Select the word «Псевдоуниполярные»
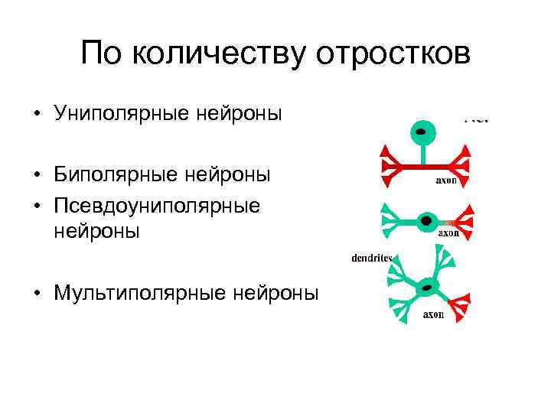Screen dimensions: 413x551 [158, 206]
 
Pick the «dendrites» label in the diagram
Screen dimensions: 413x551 [372, 258]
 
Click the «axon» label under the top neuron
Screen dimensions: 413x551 [446, 180]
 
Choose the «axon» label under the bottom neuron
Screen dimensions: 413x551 [434, 314]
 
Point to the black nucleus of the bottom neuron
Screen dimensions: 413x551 [427, 288]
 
